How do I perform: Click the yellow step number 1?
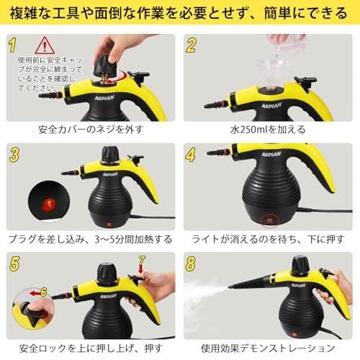coord(13,45)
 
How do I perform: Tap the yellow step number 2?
coord(192,46)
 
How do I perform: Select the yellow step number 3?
coord(13,154)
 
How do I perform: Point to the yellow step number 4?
coord(192,154)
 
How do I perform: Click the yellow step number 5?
coord(13,263)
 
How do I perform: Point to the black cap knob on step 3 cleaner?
coord(110,155)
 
